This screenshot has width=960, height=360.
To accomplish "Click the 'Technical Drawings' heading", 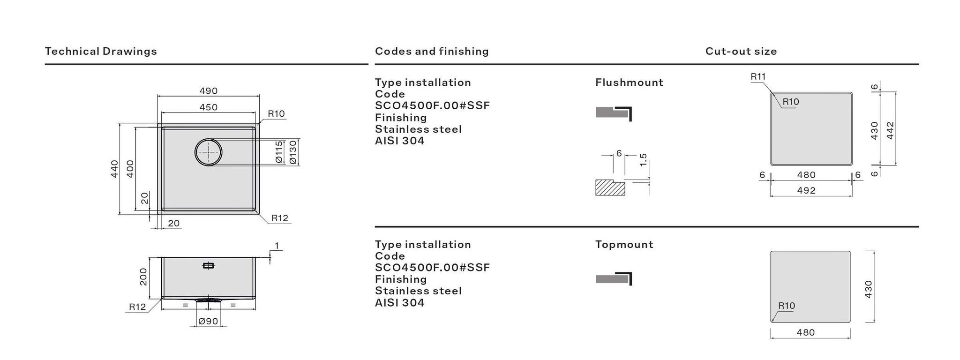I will [101, 51].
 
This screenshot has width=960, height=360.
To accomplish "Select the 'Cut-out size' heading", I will [741, 51].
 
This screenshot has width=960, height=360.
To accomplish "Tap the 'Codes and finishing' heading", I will [431, 51].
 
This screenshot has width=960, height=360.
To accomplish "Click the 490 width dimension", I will [209, 91].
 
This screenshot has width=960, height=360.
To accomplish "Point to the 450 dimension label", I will [209, 107].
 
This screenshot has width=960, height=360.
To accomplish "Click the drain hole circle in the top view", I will [208, 152].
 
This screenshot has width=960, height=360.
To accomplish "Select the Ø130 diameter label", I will [293, 152].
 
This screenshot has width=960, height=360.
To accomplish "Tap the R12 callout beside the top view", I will [280, 218].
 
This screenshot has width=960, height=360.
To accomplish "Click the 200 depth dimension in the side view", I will [143, 277].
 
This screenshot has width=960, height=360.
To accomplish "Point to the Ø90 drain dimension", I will [208, 321].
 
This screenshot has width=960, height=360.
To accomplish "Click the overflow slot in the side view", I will [208, 266].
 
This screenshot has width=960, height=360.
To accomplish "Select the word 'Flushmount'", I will [629, 82].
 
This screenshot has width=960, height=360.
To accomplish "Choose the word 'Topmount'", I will [624, 244].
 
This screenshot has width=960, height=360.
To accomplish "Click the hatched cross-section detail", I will [610, 187].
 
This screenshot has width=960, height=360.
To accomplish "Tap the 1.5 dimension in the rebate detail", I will [643, 160].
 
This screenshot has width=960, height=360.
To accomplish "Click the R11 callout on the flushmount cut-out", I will [758, 76].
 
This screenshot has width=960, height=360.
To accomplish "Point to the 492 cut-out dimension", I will [806, 190].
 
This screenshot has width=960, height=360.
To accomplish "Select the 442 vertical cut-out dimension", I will [890, 130].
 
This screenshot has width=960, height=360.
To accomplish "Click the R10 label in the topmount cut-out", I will [787, 306].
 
